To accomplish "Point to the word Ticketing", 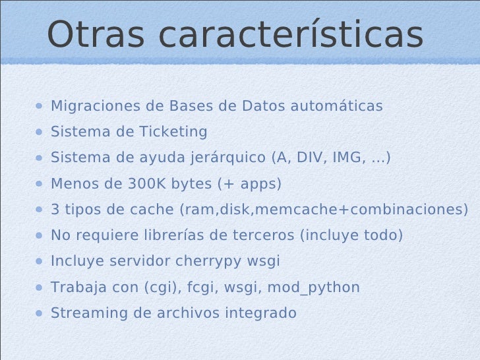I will tap(173, 132).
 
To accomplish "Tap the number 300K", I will tap(146, 184).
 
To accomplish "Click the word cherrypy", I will tap(210, 261).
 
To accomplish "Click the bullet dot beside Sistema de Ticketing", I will tap(40, 132).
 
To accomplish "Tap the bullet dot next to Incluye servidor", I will tap(40, 261).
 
